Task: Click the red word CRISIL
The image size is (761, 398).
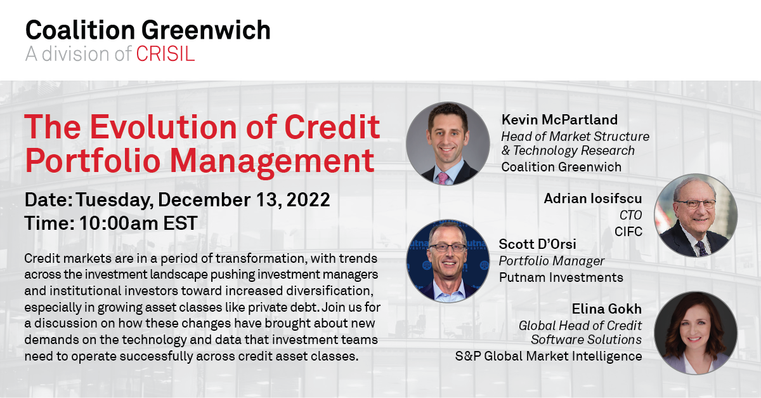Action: pos(166,54)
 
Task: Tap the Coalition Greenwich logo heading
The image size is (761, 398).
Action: pos(148,30)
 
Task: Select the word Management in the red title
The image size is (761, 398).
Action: pos(272,161)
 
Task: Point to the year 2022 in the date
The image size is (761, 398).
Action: pos(308,200)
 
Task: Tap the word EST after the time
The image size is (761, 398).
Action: pos(180,223)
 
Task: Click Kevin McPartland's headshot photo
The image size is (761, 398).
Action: pos(448,143)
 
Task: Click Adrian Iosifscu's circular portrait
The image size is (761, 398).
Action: pos(696,215)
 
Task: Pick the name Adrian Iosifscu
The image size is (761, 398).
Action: pos(593,199)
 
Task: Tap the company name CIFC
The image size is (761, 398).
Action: pos(628,232)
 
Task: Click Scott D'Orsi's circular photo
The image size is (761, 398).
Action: pos(448,261)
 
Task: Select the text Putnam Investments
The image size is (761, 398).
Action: pos(561,277)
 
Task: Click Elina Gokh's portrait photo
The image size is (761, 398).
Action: pos(696,333)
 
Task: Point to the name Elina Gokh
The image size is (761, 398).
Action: pos(607,309)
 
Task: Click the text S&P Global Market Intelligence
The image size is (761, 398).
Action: pos(549,356)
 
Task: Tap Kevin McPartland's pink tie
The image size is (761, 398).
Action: pos(443,178)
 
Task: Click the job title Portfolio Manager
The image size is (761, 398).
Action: pos(551,261)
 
